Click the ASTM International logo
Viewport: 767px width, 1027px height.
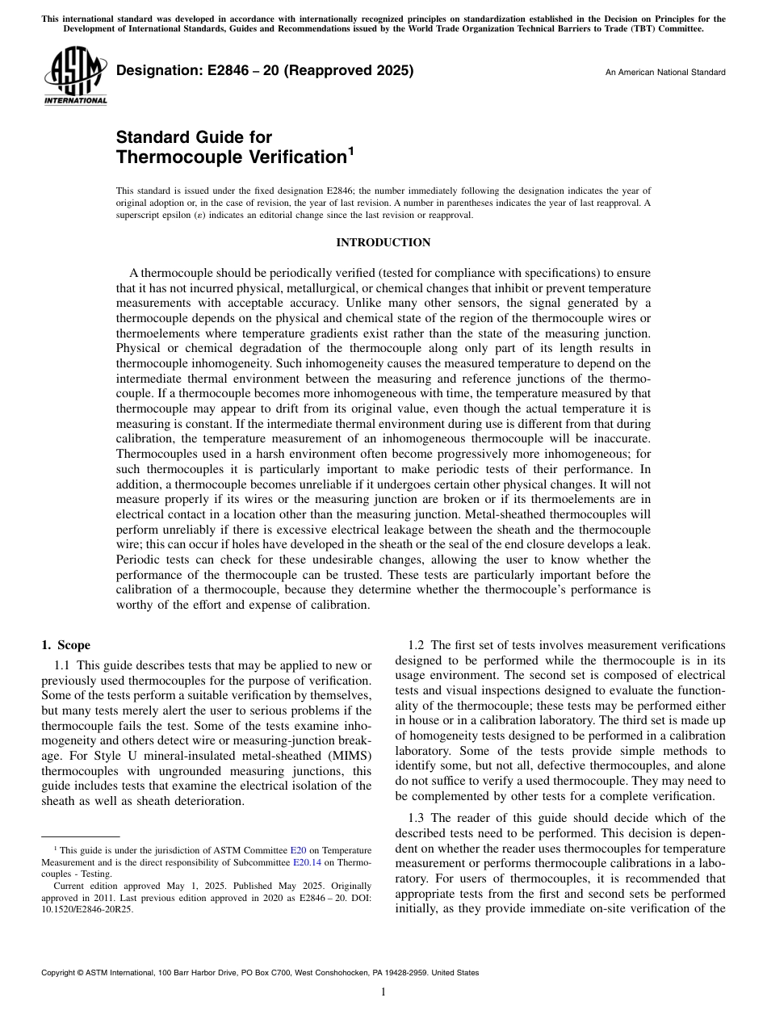click(74, 78)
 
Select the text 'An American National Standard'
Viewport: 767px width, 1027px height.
click(664, 73)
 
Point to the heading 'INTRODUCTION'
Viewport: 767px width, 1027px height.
click(383, 242)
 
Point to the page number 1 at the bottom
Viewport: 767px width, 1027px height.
click(383, 992)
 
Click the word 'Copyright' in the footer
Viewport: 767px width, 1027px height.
click(61, 973)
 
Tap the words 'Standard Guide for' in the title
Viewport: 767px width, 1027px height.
click(194, 136)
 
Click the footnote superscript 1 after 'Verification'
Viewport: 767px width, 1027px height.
click(351, 150)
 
